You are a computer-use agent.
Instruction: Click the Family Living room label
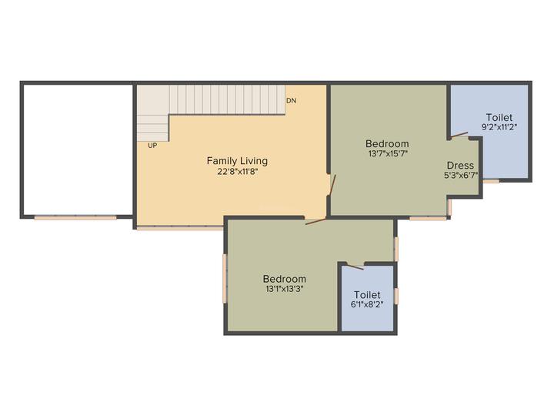point(237,161)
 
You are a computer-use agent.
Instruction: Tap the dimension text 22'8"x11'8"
point(238,172)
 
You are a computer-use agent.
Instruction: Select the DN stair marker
point(291,101)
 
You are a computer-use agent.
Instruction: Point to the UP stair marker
point(152,146)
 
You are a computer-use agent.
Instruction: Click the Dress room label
point(460,165)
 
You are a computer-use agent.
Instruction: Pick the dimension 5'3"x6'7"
point(461,175)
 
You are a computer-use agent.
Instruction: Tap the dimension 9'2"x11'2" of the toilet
point(499,127)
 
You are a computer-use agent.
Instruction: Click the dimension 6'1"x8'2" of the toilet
point(367,304)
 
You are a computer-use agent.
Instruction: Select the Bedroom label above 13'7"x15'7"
point(387,143)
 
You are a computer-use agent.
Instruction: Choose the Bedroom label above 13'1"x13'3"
point(285,279)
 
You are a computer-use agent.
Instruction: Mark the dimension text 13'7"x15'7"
point(388,153)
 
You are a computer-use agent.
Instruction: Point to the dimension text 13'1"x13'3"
point(285,289)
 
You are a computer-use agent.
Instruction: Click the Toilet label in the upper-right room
point(499,117)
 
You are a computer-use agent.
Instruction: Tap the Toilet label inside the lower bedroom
point(367,294)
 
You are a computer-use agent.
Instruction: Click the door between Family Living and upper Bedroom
point(332,185)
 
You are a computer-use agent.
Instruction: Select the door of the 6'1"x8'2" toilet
point(355,266)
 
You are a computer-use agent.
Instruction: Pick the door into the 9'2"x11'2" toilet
point(459,135)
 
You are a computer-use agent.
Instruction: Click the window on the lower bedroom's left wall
point(225,278)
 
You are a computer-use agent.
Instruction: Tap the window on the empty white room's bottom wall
point(75,217)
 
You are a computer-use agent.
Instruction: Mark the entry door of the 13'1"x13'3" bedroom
point(315,221)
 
